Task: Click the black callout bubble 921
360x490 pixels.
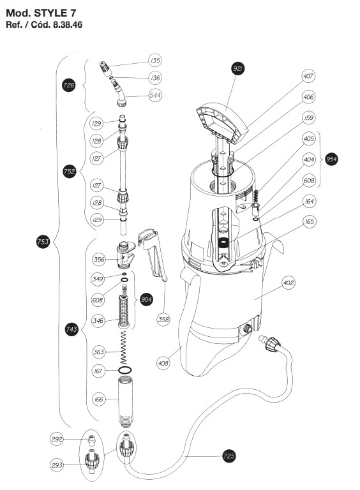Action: click(x=238, y=69)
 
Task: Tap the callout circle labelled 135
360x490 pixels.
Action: click(x=155, y=60)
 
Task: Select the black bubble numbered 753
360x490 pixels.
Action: click(x=43, y=242)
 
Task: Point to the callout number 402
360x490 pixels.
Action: click(x=288, y=283)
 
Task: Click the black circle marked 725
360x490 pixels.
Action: click(x=229, y=456)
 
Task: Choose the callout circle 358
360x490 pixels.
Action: click(x=163, y=319)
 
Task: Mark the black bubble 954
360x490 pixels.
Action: click(x=331, y=160)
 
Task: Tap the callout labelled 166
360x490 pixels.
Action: click(x=99, y=399)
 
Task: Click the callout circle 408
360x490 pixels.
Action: click(x=163, y=363)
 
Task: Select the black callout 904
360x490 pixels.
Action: click(x=146, y=300)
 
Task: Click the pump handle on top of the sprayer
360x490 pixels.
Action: click(x=222, y=122)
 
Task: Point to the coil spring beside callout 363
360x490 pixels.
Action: click(x=124, y=348)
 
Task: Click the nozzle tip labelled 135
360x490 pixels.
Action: click(x=104, y=67)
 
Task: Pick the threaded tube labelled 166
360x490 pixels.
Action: click(x=125, y=402)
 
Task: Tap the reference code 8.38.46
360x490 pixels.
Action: click(x=68, y=25)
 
